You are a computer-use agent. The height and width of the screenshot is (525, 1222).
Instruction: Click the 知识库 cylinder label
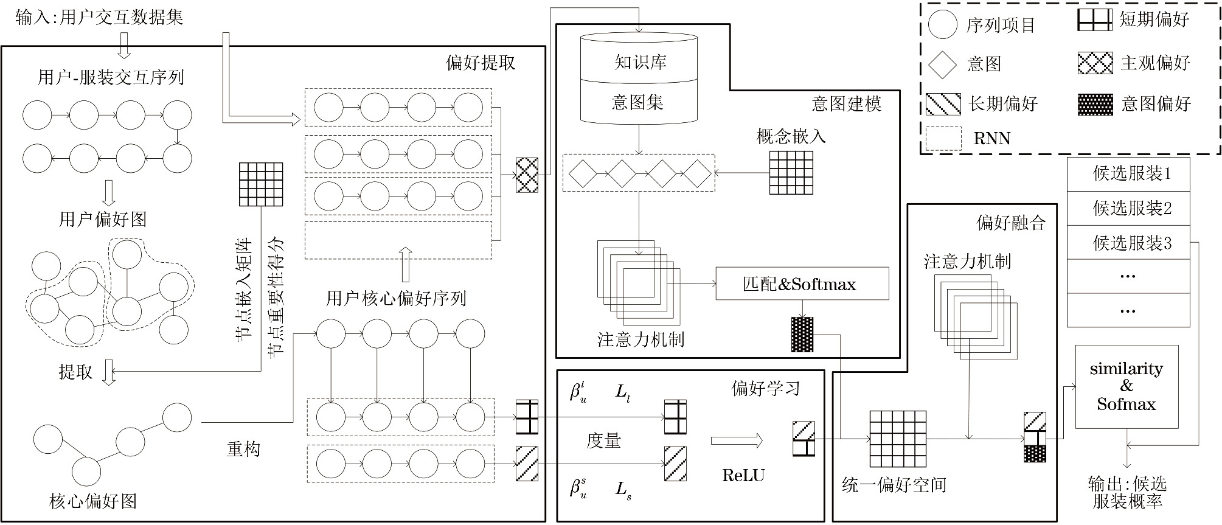coord(639,62)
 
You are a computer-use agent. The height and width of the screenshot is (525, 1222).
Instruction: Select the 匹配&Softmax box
coord(802,283)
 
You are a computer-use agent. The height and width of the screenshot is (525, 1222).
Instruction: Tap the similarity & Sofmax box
coord(1127,387)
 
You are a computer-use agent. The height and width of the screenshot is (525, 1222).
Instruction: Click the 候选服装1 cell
coord(1128,174)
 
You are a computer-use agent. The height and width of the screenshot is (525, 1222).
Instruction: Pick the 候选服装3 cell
coord(1128,243)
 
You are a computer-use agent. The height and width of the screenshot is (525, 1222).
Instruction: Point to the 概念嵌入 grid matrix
coord(791,173)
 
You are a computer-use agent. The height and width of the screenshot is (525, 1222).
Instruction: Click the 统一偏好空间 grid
coord(897,439)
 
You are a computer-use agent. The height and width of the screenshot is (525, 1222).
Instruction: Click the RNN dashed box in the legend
coord(943,139)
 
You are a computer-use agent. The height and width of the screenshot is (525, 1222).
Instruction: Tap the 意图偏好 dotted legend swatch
coord(1095,105)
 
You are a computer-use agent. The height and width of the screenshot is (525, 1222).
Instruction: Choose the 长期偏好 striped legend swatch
coord(943,105)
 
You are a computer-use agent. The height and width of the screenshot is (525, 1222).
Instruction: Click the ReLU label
coord(743,476)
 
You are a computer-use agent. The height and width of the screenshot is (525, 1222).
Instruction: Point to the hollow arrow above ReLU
coord(737,440)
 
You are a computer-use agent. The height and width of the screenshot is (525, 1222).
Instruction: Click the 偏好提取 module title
coord(480,63)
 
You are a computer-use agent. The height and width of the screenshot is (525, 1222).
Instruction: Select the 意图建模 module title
coord(846,104)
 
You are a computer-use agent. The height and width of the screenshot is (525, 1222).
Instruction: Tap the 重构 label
coord(243,450)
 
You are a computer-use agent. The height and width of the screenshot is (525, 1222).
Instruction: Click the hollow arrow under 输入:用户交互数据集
coord(124,45)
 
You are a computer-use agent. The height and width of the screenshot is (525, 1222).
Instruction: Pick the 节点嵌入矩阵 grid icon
coord(261,184)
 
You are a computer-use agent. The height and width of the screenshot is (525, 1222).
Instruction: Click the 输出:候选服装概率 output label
coord(1127,493)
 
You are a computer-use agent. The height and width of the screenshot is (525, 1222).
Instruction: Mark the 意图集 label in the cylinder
coord(637,102)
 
